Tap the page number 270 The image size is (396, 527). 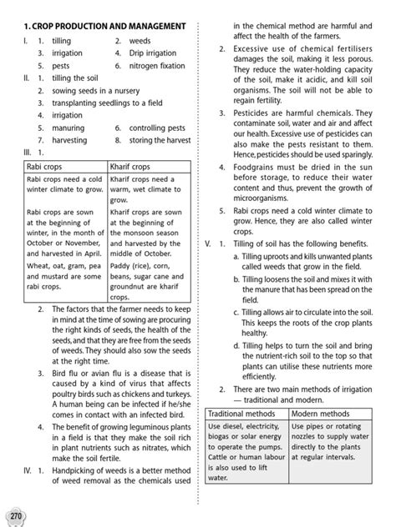coord(12,509)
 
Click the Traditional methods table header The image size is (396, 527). coord(236,414)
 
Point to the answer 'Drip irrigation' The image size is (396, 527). coord(153,53)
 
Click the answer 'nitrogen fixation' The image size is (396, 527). coord(157,65)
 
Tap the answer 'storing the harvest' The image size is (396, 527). coord(162,141)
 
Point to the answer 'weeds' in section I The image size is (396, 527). coord(140,40)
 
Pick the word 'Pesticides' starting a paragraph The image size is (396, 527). coord(250,113)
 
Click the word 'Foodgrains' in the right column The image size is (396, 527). coord(253,167)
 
